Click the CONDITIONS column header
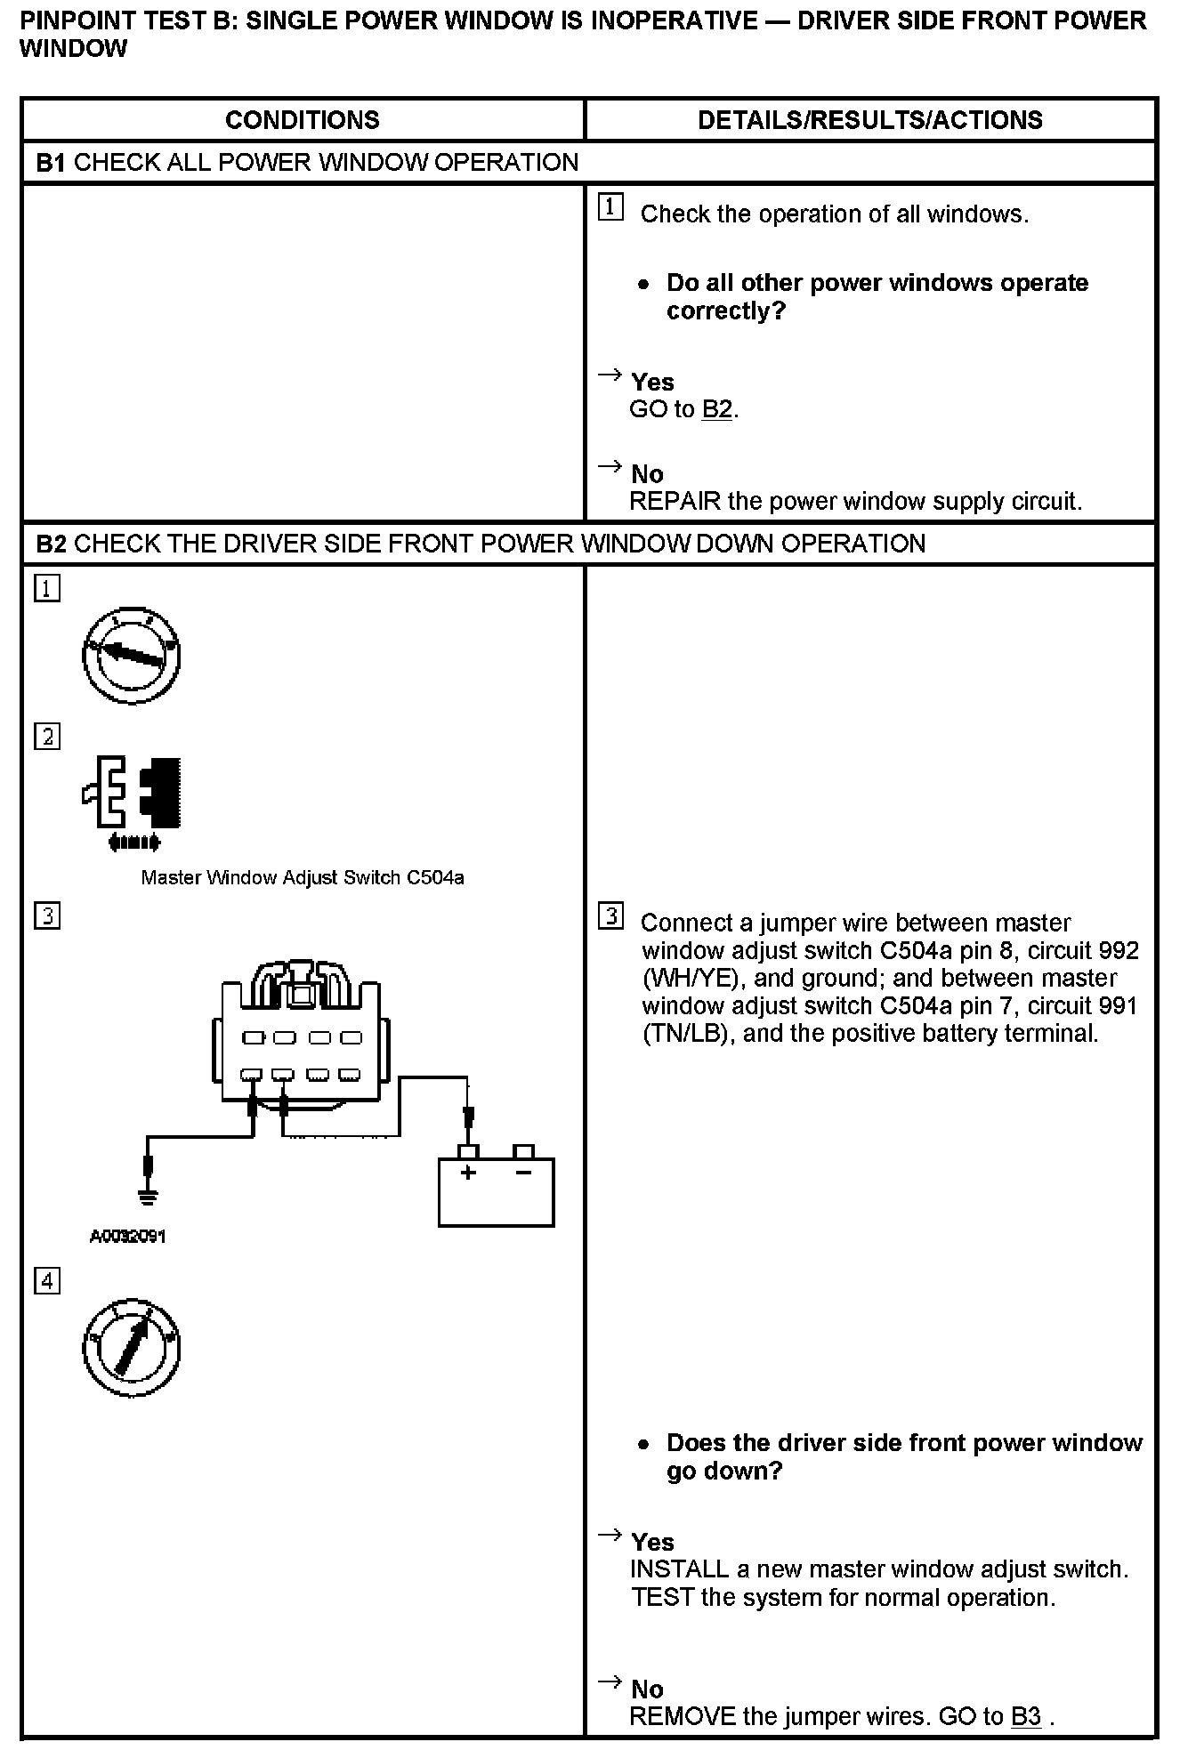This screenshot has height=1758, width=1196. coord(302,120)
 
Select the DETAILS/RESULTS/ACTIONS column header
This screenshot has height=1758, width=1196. coord(869,120)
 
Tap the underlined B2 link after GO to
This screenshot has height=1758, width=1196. coord(716,409)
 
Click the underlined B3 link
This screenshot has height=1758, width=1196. coord(1026,1716)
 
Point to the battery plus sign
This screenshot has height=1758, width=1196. coord(468,1173)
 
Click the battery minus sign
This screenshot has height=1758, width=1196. coord(524,1173)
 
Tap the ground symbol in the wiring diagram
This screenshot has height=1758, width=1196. coord(149,1198)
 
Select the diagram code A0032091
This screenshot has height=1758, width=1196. coord(128,1236)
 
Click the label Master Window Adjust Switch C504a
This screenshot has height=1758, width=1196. coord(303,878)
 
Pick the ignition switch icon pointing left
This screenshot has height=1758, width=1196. coord(132,656)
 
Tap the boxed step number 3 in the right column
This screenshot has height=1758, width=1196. coord(610,916)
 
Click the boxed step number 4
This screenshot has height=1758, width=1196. coord(47,1281)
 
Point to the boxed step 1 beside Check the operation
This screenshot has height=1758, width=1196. coord(610,207)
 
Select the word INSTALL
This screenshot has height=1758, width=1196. coord(679,1569)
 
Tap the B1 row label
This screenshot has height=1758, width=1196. coord(52,163)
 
